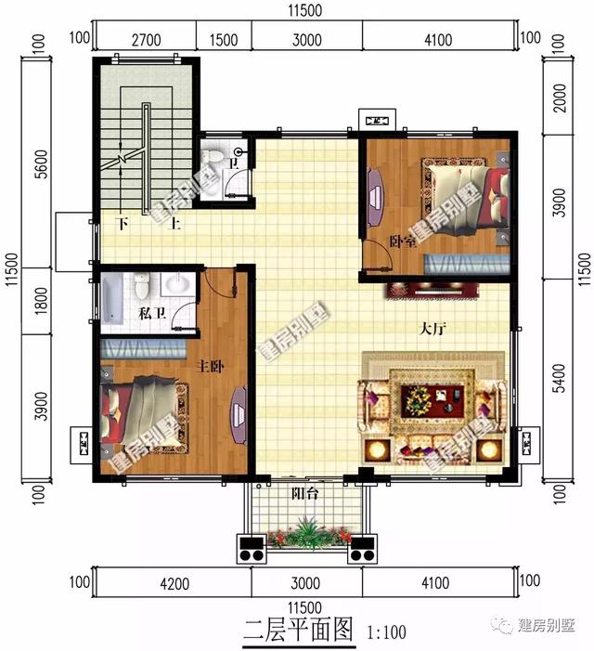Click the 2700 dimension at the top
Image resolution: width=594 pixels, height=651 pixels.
[147, 39]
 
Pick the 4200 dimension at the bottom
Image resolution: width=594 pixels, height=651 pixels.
[174, 583]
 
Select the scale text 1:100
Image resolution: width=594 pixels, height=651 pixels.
[385, 633]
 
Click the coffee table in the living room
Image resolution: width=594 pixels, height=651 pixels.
[435, 400]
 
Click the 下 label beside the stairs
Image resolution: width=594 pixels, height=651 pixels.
[122, 224]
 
